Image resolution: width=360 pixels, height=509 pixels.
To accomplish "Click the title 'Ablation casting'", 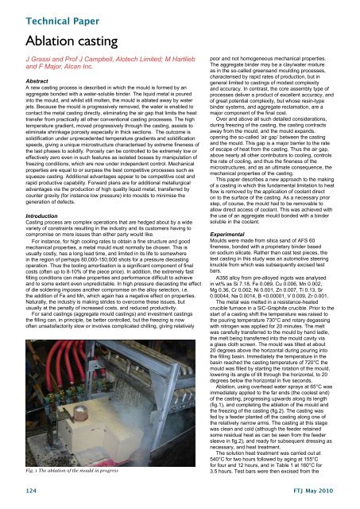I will pos(62,39).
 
